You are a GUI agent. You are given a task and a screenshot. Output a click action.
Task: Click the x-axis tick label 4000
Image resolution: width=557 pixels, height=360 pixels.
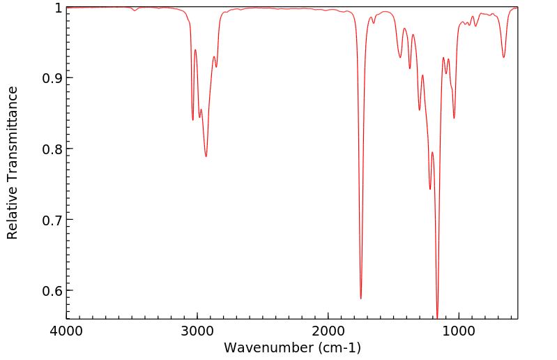click(66, 331)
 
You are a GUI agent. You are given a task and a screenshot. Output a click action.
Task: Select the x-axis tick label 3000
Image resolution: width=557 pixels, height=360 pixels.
click(197, 331)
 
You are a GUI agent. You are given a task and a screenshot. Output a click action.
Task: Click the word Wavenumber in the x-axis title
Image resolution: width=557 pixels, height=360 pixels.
click(268, 347)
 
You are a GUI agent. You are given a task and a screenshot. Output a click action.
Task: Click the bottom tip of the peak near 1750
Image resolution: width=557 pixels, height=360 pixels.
click(360, 299)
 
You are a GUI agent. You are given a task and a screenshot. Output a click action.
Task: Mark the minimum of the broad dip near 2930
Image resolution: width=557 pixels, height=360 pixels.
click(206, 156)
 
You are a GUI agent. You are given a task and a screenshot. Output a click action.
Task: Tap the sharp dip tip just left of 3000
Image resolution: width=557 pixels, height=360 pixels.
click(193, 120)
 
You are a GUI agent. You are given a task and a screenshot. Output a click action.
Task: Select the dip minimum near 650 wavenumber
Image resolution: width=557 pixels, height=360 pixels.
click(504, 57)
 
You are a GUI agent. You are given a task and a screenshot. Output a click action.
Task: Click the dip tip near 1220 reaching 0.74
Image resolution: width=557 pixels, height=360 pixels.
click(430, 189)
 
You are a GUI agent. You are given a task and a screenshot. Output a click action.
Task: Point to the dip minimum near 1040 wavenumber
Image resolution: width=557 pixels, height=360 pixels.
click(454, 118)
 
